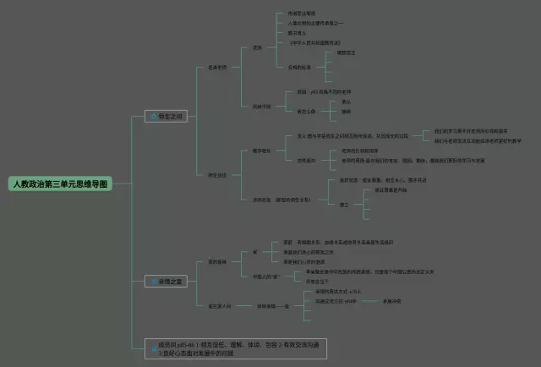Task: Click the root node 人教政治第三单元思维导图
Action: coord(59,183)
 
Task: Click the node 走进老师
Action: coord(217,67)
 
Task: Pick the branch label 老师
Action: coord(258,47)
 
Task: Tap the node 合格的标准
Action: coord(303,66)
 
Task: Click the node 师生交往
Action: coord(217,175)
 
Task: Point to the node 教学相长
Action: coord(261,151)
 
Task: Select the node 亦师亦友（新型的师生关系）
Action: coord(287,199)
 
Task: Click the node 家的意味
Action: coord(217,262)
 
